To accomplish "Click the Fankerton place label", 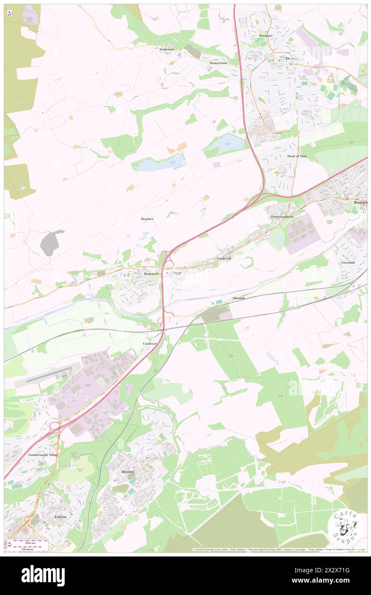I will click(167, 49).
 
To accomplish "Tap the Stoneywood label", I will click(218, 63).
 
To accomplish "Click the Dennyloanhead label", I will click(282, 217).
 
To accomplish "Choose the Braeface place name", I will click(147, 219).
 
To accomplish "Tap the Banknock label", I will click(151, 274).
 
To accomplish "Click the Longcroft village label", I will click(224, 259).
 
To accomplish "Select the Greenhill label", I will click(348, 262).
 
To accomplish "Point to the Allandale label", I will click(239, 297).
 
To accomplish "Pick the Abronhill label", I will click(129, 471).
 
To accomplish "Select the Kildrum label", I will click(61, 517).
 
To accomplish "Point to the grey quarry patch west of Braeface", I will click(51, 243).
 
